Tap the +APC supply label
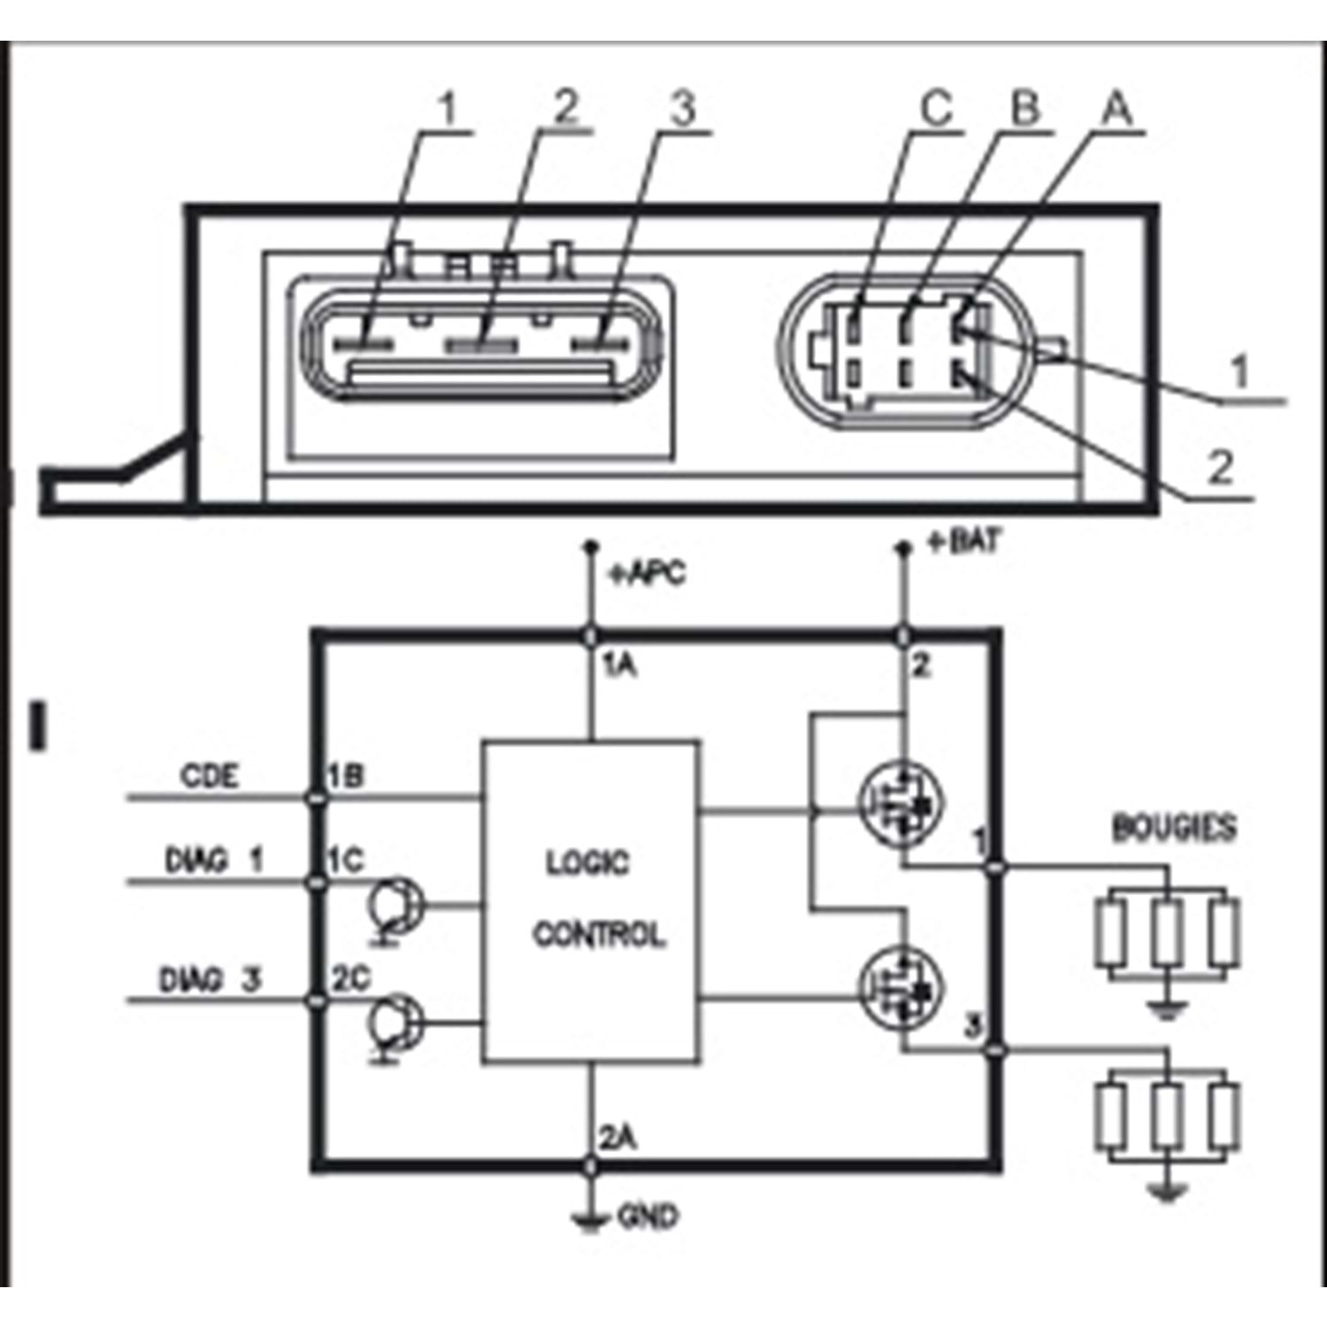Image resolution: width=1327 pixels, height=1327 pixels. coord(647,574)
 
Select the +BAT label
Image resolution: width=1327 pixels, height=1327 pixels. coord(964,541)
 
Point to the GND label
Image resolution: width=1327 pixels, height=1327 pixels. coord(648,1217)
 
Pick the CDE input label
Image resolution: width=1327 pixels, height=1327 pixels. coord(210,776)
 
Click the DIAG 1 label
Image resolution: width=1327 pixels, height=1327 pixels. coord(213,860)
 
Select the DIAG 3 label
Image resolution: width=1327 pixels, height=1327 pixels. coord(210,980)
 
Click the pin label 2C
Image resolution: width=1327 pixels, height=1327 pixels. coord(351,978)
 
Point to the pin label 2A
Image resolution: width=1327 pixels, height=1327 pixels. coord(618,1139)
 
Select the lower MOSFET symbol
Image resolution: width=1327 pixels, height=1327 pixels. coord(901,986)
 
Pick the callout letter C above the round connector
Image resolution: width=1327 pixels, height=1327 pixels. coord(936,108)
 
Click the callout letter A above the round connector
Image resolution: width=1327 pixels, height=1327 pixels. coord(1116,108)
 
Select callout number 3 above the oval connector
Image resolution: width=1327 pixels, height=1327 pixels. coord(682,108)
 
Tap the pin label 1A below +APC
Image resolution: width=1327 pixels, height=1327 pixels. coord(620,665)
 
